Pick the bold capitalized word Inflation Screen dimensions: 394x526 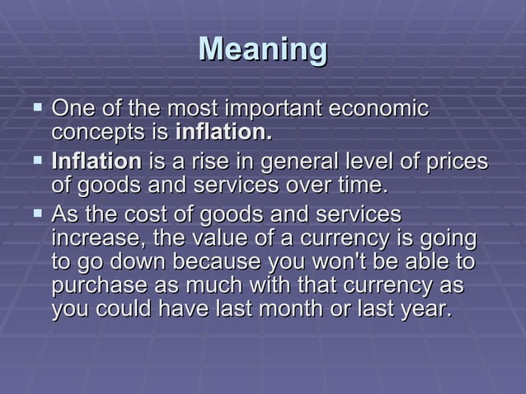(x=96, y=161)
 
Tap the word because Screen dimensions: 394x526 (x=219, y=263)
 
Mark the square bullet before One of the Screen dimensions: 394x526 (x=35, y=108)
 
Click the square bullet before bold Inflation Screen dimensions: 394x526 (x=35, y=160)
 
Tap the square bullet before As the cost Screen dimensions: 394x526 (x=35, y=213)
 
